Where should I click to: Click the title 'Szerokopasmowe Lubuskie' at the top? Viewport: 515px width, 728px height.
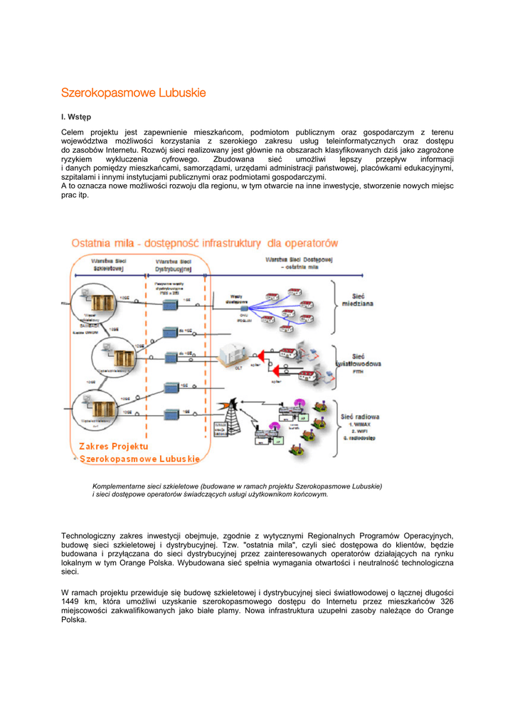point(134,92)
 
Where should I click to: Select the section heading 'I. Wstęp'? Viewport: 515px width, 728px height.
point(76,116)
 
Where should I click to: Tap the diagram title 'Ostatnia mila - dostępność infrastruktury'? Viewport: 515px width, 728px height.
point(204,243)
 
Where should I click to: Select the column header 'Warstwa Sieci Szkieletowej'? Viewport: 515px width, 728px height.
point(108,265)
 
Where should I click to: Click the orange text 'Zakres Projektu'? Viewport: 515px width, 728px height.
point(114,446)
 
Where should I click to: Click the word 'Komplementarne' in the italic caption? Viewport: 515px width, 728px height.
point(119,486)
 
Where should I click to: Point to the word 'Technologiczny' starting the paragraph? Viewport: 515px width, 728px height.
point(89,535)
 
